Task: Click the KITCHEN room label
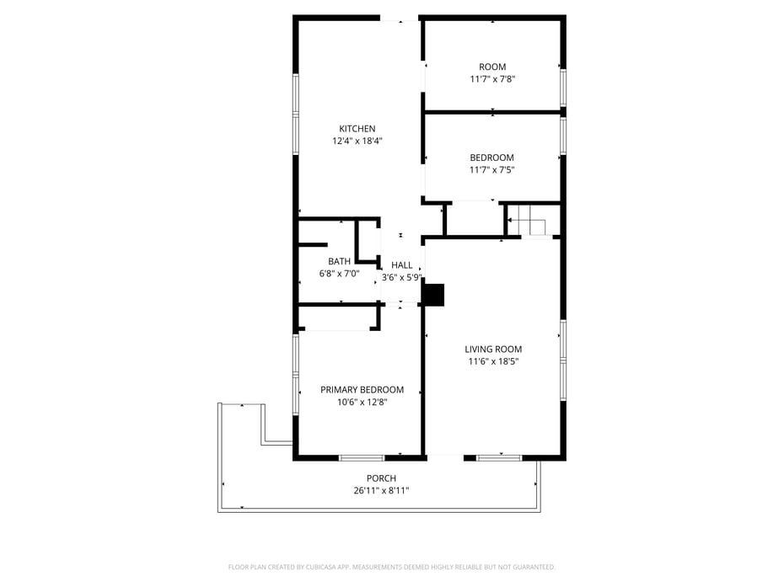point(357,129)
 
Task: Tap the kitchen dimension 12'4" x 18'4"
point(357,141)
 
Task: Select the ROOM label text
point(492,67)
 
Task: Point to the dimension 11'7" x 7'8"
point(492,79)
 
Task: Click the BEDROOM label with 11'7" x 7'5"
point(492,157)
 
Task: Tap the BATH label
point(339,261)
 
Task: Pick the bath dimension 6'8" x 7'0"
point(339,273)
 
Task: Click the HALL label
point(402,265)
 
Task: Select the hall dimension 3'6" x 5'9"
point(402,277)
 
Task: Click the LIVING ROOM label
point(493,350)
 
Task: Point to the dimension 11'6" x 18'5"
point(493,361)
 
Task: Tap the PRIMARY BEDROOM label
point(362,390)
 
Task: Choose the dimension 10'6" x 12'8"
point(362,403)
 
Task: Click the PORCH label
point(381,478)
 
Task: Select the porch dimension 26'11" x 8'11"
point(381,491)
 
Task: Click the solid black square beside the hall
point(433,295)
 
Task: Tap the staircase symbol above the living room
point(531,220)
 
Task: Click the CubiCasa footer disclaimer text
point(391,567)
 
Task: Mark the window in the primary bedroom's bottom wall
point(362,457)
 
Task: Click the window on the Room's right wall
point(563,88)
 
